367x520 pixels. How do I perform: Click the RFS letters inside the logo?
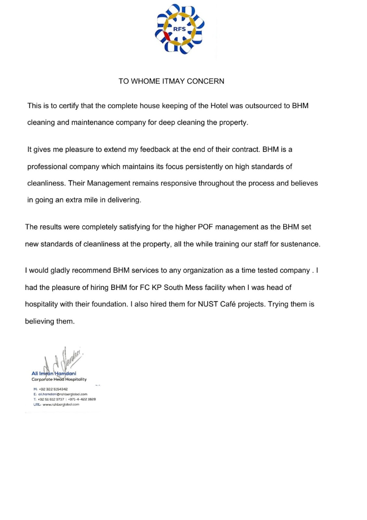click(180, 29)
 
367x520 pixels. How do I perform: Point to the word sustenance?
click(299, 244)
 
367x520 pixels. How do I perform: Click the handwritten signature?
click(61, 361)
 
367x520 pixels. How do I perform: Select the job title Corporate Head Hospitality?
click(59, 380)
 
